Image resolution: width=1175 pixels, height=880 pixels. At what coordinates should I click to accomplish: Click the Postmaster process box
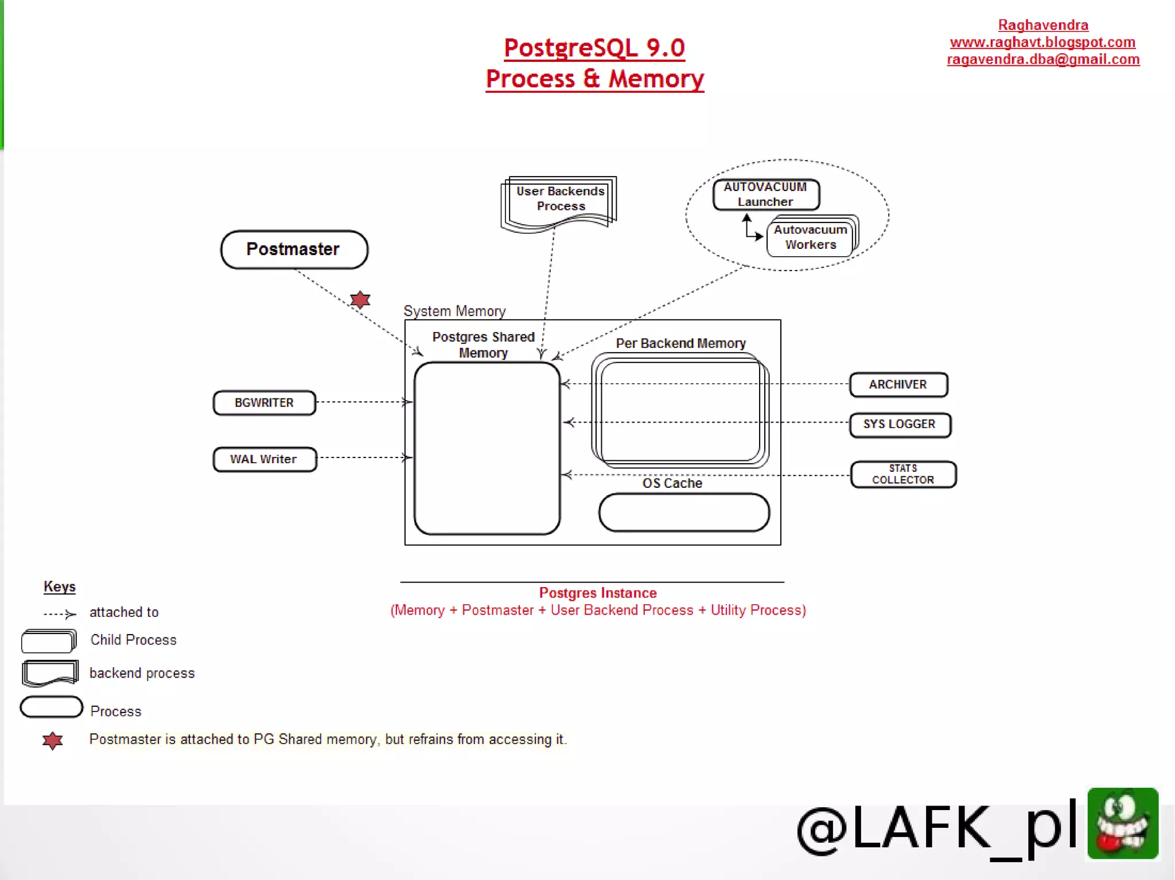[x=294, y=249]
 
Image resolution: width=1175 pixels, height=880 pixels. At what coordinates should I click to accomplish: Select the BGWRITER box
[x=264, y=402]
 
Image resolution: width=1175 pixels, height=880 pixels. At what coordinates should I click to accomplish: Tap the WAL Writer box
[x=264, y=459]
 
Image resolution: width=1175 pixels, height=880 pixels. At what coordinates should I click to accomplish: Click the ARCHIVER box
[x=898, y=384]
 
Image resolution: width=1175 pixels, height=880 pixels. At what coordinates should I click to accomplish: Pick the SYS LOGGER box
[x=899, y=424]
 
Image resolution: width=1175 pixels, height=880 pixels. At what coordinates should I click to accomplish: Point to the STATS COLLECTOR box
[x=903, y=474]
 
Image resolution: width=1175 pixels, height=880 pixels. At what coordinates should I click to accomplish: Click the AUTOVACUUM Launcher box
[x=765, y=194]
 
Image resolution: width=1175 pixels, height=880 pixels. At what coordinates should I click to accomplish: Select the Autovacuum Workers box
[x=810, y=237]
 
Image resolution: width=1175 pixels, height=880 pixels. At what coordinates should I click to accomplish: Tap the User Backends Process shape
[x=560, y=200]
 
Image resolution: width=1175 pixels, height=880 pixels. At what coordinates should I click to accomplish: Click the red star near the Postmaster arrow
[x=360, y=299]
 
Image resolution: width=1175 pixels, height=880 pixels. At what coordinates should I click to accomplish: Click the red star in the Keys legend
[x=52, y=740]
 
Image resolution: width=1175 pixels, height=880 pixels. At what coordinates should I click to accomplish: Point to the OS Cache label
[x=672, y=483]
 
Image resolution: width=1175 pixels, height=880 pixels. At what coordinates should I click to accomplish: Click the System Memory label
[x=454, y=311]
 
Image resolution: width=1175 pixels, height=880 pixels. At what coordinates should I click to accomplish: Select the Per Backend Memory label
[x=680, y=343]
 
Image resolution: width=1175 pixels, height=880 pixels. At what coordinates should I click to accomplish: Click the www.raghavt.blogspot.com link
[x=1042, y=42]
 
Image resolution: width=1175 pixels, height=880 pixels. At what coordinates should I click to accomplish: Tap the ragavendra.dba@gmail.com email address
[x=1043, y=60]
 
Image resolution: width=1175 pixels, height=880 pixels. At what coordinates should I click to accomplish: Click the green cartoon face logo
[x=1122, y=823]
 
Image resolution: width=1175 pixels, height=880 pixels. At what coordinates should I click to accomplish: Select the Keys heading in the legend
[x=60, y=586]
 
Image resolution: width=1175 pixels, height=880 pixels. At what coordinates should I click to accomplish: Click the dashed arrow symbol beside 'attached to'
[x=60, y=614]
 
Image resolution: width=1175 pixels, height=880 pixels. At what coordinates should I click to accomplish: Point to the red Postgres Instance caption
[x=598, y=593]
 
